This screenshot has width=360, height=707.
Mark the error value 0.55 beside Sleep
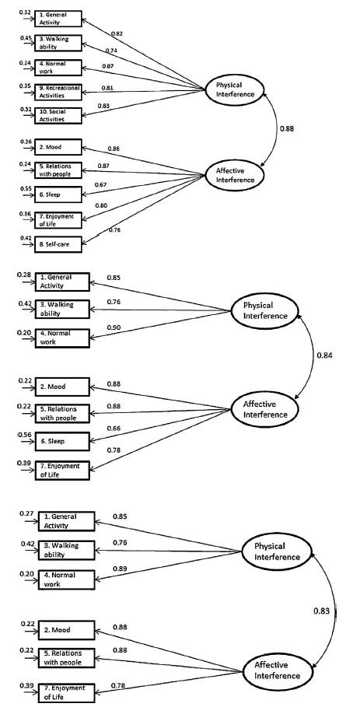pyautogui.click(x=26, y=189)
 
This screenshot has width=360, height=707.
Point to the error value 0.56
pyautogui.click(x=24, y=435)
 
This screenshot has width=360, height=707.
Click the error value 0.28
pyautogui.click(x=24, y=275)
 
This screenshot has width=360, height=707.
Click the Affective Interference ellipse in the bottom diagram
pyautogui.click(x=276, y=670)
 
